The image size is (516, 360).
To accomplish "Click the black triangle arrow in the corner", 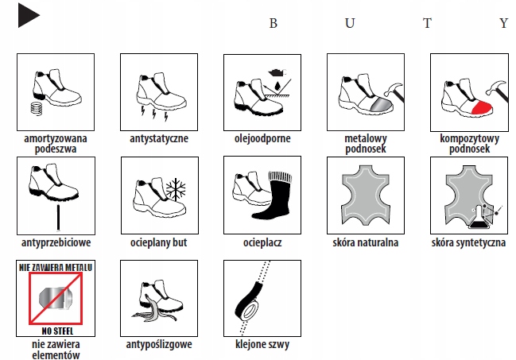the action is pyautogui.click(x=27, y=15).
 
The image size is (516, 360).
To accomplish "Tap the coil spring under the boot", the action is pyautogui.click(x=37, y=108).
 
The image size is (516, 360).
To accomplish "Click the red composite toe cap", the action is pyautogui.click(x=482, y=107).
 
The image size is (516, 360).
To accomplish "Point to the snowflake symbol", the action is pyautogui.click(x=176, y=189).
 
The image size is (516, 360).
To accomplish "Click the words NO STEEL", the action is pyautogui.click(x=57, y=331).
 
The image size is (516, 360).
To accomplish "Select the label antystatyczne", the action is pyautogui.click(x=159, y=138).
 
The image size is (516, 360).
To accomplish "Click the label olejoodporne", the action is pyautogui.click(x=262, y=138).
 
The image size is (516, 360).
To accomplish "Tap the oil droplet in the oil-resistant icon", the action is pyautogui.click(x=277, y=85).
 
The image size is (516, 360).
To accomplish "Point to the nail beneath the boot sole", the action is pyautogui.click(x=58, y=218).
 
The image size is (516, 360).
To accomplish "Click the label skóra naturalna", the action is pyautogui.click(x=365, y=242).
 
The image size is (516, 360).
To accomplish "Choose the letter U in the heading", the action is pyautogui.click(x=350, y=23).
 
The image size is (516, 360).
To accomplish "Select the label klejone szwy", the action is pyautogui.click(x=262, y=344).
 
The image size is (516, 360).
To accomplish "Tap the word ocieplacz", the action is pyautogui.click(x=262, y=242).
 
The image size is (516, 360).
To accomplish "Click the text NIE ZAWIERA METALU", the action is pyautogui.click(x=56, y=267).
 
